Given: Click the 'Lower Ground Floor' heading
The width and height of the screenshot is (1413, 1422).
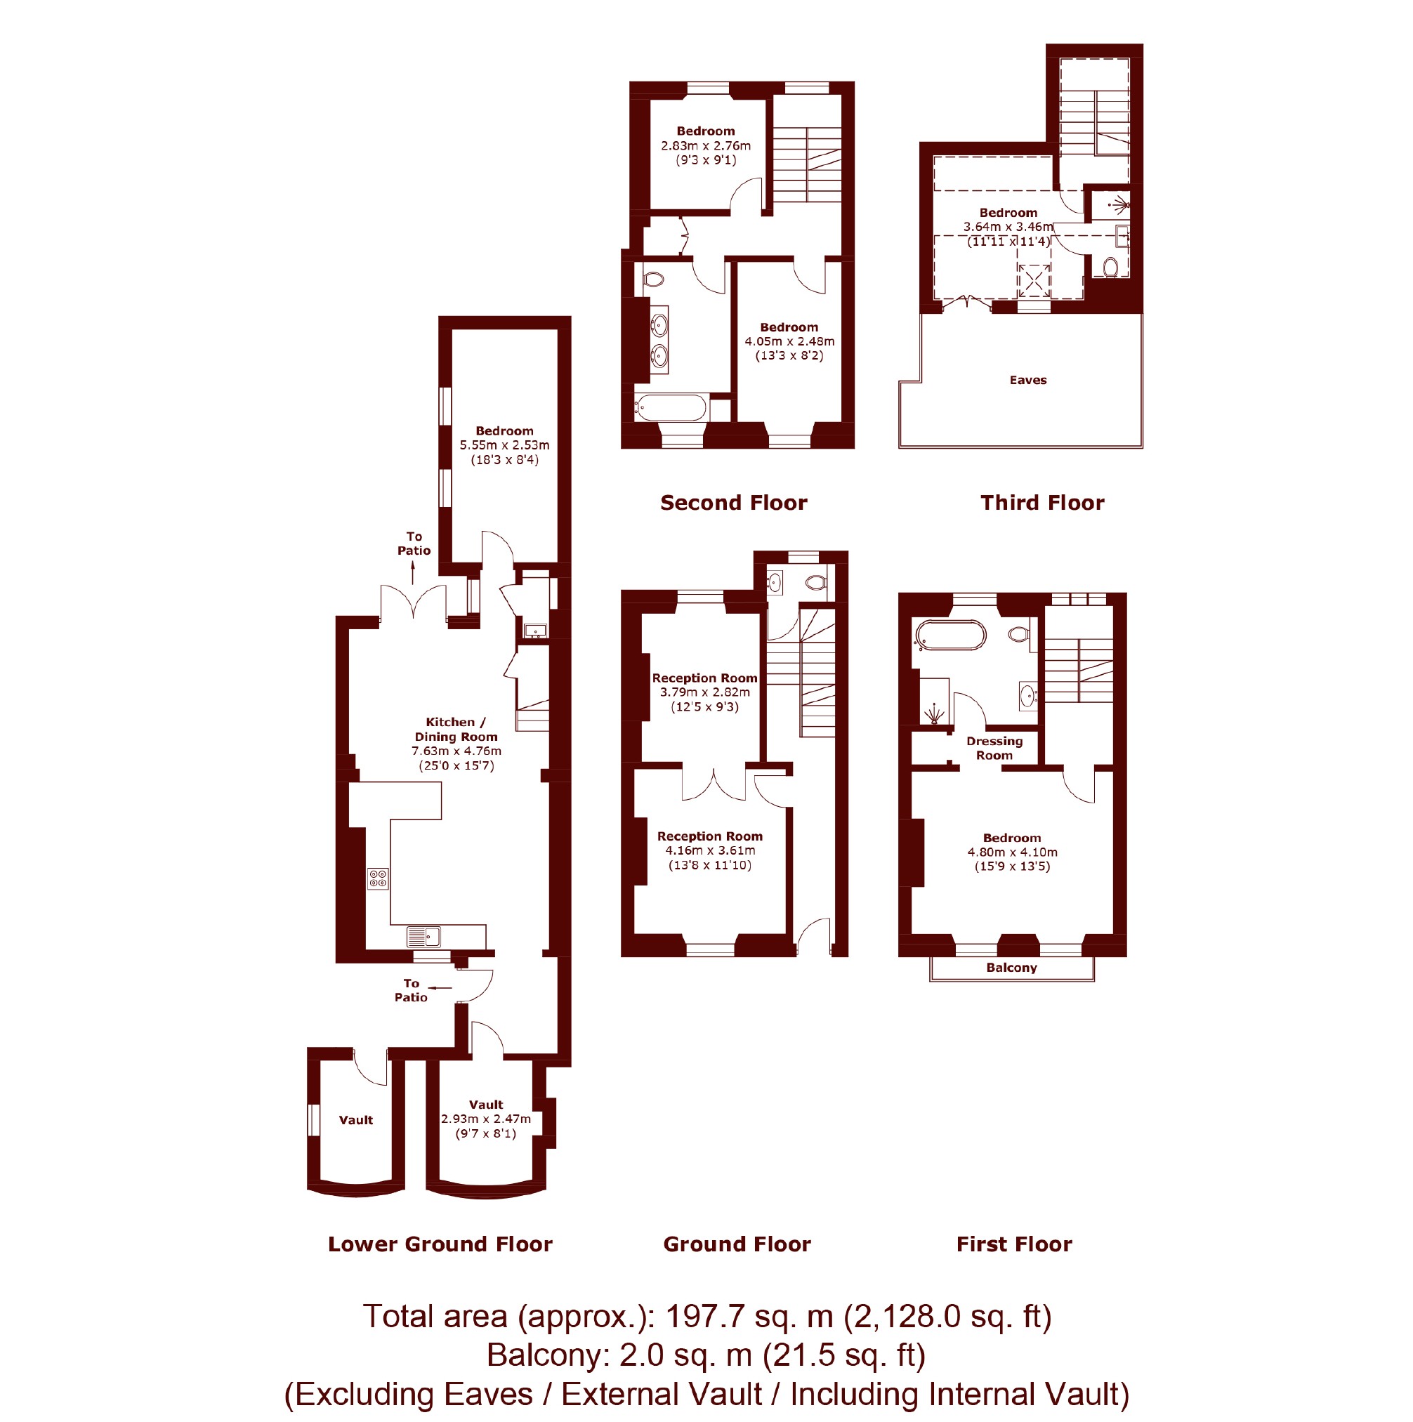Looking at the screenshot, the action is pos(440,1244).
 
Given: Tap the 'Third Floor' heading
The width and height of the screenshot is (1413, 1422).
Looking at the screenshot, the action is pos(1042,503).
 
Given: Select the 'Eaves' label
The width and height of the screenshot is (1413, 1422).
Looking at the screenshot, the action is pos(1028,380).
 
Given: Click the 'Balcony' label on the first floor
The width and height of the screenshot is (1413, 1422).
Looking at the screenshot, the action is pos(1012,967).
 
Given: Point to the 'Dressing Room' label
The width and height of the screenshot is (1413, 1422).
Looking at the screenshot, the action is pos(994,748).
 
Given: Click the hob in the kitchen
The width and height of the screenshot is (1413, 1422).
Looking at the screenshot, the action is pos(379,878).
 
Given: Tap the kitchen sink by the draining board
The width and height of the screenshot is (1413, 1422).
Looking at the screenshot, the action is pos(424,936).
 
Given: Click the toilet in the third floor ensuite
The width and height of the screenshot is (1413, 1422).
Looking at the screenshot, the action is pos(1111,265).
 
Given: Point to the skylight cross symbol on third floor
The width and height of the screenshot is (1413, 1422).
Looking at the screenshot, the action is pos(1034,280).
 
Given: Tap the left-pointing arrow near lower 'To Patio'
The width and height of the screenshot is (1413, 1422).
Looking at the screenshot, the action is pos(440,987).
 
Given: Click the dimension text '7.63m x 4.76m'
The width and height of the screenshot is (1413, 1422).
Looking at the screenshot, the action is pos(456,751).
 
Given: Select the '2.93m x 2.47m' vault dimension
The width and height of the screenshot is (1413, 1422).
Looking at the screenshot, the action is pos(486,1119).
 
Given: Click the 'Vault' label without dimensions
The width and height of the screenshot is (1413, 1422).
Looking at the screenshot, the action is pos(356,1120).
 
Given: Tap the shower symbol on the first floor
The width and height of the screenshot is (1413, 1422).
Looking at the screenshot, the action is pos(934,713).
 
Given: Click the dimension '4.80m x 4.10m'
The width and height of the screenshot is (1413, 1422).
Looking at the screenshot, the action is pos(1012,852).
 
